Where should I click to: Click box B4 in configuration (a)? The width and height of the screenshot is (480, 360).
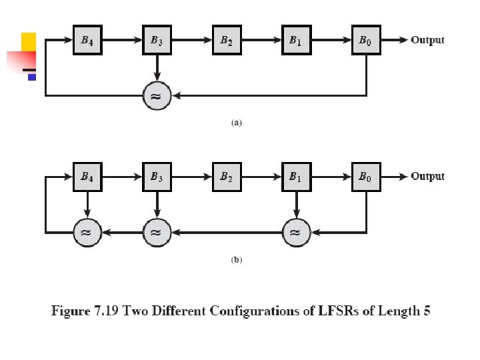87,40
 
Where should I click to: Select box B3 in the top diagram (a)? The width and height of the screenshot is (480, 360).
157,40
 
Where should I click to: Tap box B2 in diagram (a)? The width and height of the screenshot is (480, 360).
227,40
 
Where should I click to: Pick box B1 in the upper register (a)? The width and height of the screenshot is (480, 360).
296,40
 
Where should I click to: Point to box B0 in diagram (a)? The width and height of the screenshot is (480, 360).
365,40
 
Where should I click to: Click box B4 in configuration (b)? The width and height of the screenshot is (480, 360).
87,177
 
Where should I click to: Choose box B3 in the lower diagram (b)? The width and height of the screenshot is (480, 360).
157,177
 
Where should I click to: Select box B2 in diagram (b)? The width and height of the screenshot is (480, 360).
227,177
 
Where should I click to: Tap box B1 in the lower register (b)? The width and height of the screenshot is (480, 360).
296,177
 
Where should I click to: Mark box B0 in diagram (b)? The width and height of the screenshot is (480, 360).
365,177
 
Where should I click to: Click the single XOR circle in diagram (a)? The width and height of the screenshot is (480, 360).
157,96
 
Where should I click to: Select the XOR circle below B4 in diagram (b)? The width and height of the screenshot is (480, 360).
87,232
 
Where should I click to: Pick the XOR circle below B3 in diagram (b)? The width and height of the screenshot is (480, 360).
157,232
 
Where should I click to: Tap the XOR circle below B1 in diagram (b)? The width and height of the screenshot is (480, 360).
296,232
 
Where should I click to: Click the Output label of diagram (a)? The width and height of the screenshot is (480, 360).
427,40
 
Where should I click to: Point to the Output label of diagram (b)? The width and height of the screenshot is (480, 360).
427,177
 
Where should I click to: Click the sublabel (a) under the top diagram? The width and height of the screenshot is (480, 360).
236,123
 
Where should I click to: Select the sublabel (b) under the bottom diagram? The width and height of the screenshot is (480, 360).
236,260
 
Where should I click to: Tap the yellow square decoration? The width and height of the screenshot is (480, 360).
29,41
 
